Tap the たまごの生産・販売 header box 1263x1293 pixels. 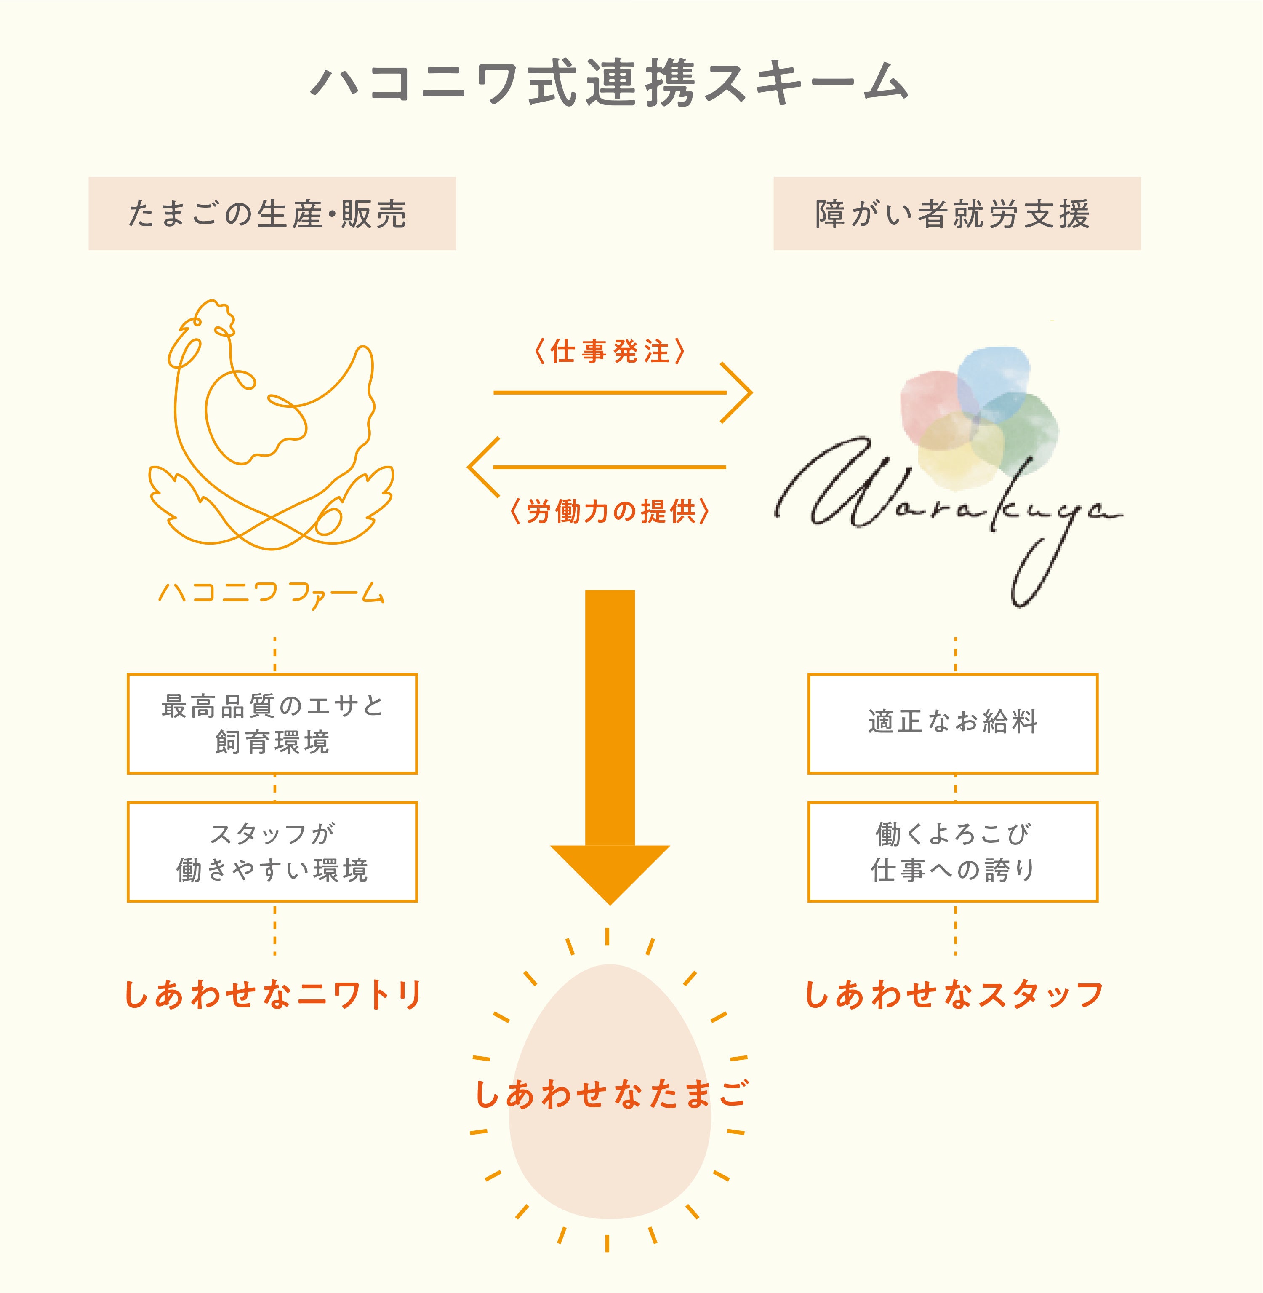[x=272, y=214]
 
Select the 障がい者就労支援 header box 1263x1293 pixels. [x=957, y=214]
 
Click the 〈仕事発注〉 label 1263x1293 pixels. [x=609, y=351]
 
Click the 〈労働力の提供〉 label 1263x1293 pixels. [x=609, y=512]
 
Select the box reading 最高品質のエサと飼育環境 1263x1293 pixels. [x=272, y=724]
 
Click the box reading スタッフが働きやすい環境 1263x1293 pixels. [x=272, y=852]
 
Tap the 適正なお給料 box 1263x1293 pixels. [x=953, y=724]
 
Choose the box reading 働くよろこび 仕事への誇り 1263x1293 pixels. [x=953, y=852]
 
